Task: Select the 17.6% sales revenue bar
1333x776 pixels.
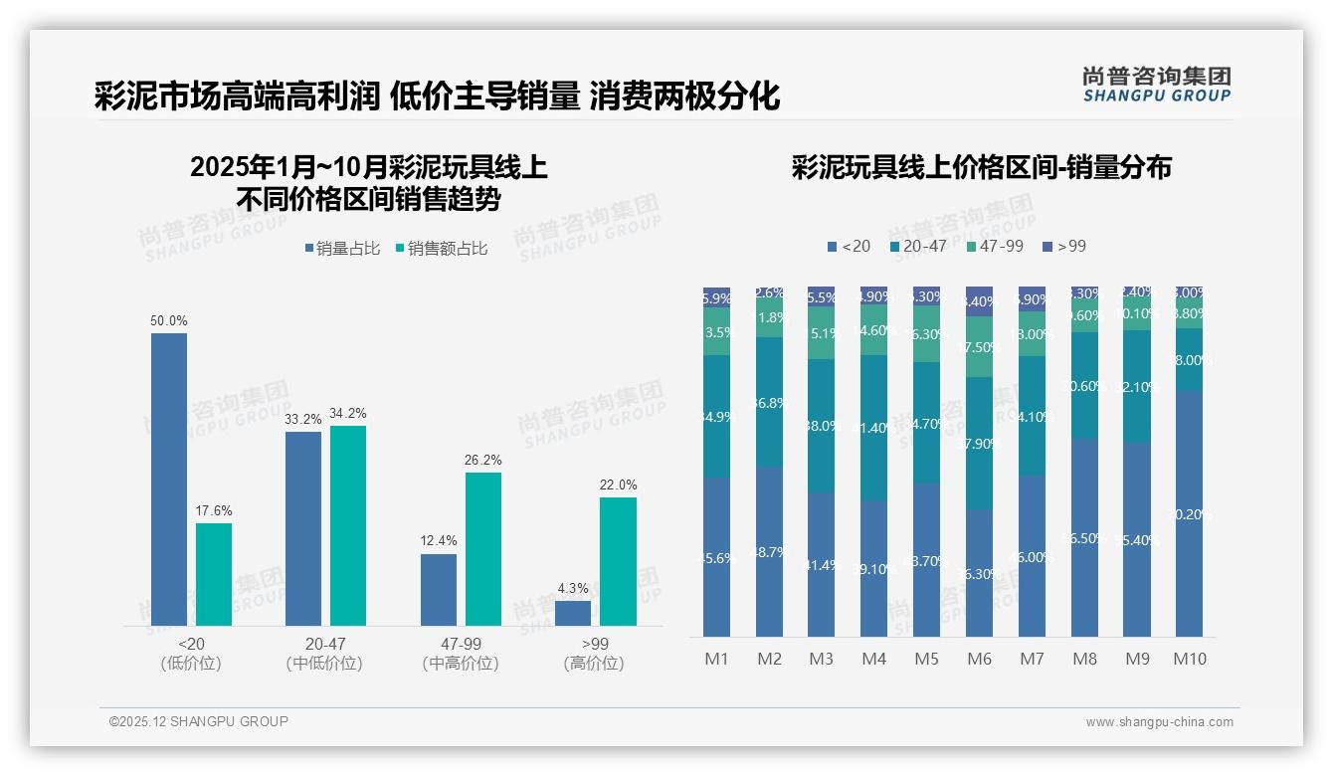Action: (x=214, y=574)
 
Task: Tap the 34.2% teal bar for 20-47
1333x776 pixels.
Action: (x=348, y=525)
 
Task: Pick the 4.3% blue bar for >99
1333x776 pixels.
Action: (x=573, y=613)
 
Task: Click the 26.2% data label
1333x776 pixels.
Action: (x=483, y=460)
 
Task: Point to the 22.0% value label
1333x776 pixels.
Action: (x=618, y=485)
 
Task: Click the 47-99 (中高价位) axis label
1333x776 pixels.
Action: (x=461, y=654)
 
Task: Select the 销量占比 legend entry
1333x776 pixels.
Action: (x=342, y=249)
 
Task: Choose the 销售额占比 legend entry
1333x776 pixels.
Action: (x=442, y=249)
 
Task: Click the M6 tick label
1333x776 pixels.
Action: (x=979, y=659)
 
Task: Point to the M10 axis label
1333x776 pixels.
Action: (x=1189, y=659)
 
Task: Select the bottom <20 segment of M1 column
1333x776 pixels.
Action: (x=716, y=557)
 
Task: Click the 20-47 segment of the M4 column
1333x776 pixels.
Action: (x=873, y=428)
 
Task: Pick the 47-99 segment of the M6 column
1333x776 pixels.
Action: (x=979, y=346)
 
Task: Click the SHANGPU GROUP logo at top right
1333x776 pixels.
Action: (x=1157, y=84)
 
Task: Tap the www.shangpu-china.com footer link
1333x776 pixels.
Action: (x=1159, y=722)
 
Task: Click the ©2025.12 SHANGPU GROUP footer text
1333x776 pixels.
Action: (x=199, y=721)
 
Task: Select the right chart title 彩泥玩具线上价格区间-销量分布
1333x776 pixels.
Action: (x=981, y=167)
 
